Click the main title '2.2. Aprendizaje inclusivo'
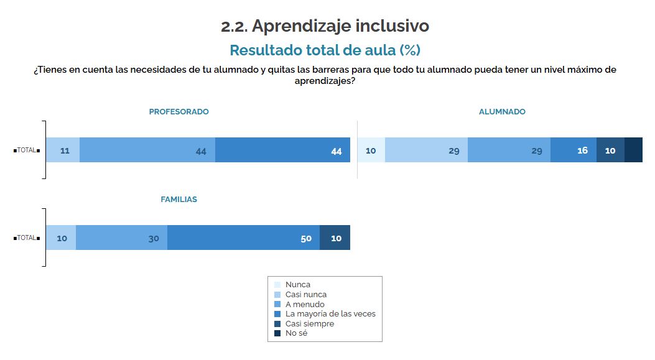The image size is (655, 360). [325, 27]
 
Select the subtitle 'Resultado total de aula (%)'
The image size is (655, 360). [325, 50]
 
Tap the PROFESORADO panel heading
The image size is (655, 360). [179, 112]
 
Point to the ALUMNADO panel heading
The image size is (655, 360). [502, 112]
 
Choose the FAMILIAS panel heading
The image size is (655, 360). [179, 200]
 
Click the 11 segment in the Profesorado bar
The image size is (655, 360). [63, 150]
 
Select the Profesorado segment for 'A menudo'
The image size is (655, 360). [147, 150]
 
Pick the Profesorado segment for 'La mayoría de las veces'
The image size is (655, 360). [282, 150]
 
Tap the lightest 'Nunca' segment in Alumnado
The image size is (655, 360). [371, 150]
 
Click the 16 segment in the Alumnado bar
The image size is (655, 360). [574, 150]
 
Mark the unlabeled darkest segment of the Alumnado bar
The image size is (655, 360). [633, 150]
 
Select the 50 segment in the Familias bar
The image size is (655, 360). [243, 238]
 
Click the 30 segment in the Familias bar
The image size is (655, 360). [122, 238]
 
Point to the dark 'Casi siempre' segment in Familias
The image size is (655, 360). [335, 238]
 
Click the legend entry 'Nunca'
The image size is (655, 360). [297, 285]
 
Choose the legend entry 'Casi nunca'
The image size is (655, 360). [305, 295]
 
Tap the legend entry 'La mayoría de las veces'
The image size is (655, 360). [330, 314]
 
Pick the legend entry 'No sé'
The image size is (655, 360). [296, 333]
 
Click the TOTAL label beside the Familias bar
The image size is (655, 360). [27, 238]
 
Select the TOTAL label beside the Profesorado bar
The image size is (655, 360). [27, 150]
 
